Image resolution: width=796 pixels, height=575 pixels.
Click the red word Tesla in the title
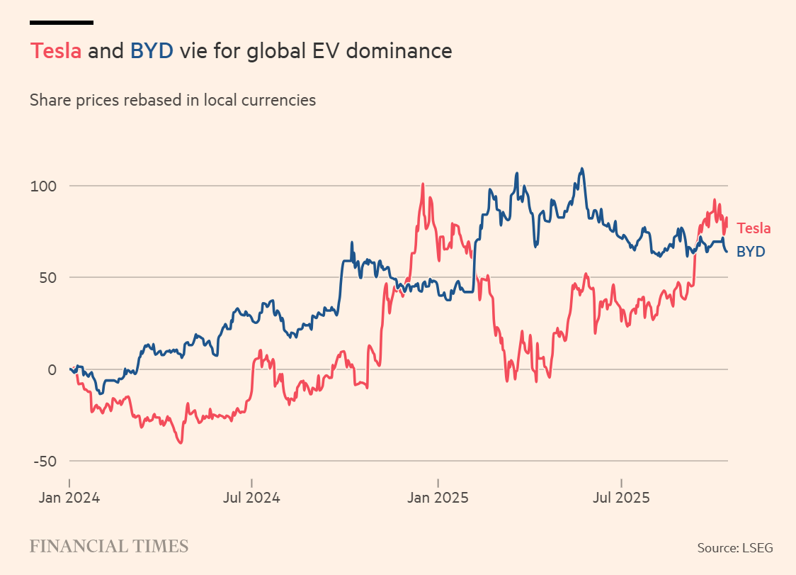56,52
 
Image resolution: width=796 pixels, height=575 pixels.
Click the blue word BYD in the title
152,52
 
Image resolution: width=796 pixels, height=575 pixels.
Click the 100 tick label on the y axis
44,186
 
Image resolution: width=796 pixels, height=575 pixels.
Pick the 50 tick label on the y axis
47,277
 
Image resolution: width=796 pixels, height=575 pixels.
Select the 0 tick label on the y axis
51,369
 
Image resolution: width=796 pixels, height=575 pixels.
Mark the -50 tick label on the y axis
45,461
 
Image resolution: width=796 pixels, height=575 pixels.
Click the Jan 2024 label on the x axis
69,497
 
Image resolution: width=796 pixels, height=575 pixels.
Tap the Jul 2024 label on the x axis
251,497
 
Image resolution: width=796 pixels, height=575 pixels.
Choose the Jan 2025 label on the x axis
438,497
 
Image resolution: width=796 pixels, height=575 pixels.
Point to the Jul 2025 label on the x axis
620,497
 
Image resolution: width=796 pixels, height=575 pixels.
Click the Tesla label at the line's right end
754,228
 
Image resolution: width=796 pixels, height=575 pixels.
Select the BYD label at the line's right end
751,251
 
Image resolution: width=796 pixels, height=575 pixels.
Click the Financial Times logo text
109,546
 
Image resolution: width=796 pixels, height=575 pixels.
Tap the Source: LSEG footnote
734,547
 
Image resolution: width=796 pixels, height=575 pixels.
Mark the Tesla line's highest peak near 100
423,184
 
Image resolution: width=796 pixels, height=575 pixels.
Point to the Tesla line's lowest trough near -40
181,443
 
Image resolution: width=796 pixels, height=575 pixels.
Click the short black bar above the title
62,23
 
